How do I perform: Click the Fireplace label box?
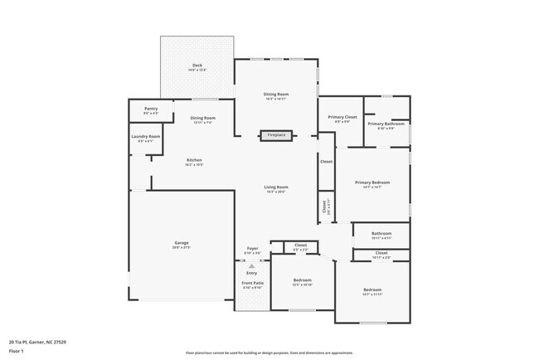click(276, 135)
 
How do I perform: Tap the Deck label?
click(197, 66)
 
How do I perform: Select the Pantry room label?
click(151, 109)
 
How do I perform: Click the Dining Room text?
click(202, 119)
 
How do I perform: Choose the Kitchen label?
click(194, 161)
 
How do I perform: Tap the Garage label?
click(182, 245)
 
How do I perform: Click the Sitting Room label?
click(276, 95)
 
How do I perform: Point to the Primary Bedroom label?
click(372, 183)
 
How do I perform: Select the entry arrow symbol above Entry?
click(252, 265)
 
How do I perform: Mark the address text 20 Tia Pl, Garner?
click(38, 342)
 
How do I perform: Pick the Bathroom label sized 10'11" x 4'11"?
click(381, 236)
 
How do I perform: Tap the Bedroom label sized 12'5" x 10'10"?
click(302, 282)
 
